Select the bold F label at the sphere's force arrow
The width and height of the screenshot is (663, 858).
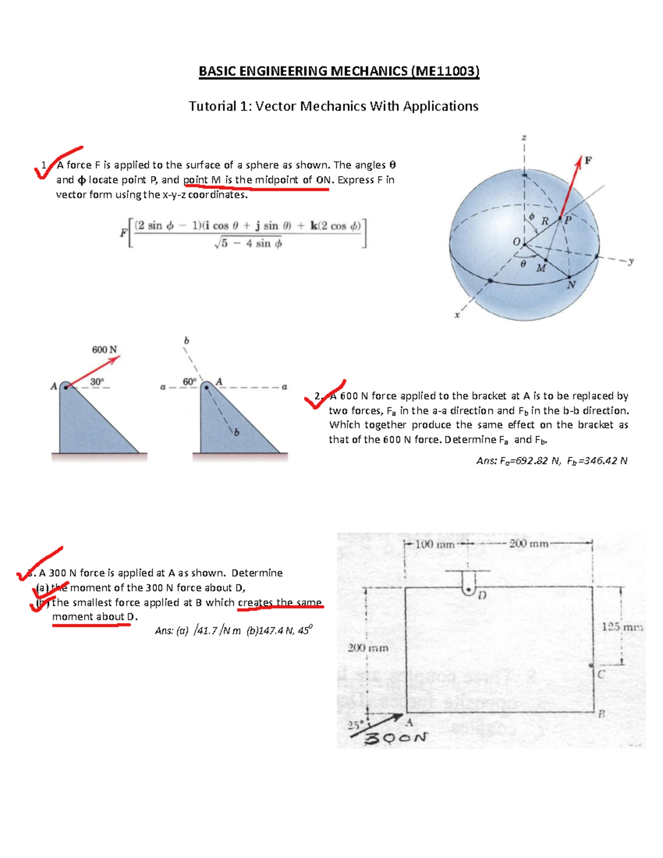click(x=588, y=161)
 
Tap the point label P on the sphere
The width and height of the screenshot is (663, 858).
click(x=568, y=219)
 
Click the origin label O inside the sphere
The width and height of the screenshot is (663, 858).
click(x=516, y=242)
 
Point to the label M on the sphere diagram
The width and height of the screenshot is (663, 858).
click(x=541, y=268)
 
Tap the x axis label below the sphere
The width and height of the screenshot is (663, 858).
click(x=457, y=315)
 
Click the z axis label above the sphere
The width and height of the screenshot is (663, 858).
click(x=524, y=137)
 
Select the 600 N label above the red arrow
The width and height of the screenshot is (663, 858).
click(x=104, y=350)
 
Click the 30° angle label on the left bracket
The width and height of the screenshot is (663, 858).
click(x=97, y=382)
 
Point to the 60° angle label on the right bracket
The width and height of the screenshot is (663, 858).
click(x=189, y=382)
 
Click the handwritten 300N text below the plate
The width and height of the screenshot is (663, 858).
click(x=397, y=738)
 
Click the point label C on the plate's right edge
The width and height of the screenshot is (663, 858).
click(x=601, y=675)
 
